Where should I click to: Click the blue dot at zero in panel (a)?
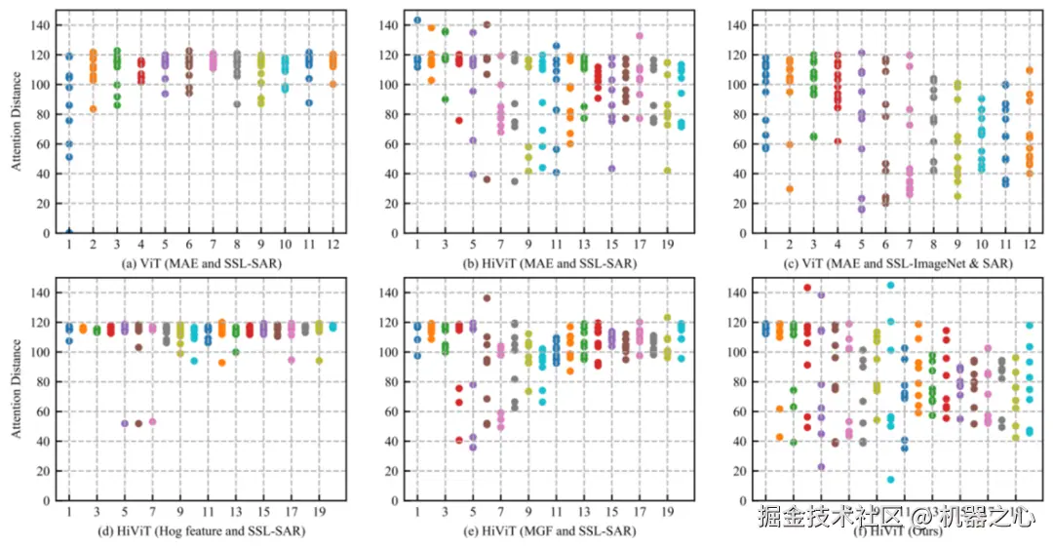[69, 232]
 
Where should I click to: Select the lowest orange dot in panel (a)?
[94, 108]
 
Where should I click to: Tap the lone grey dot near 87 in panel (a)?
[237, 104]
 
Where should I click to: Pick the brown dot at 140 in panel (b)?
[487, 24]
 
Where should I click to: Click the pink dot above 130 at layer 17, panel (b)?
[640, 36]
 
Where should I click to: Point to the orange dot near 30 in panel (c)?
[790, 188]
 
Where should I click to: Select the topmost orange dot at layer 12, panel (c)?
[1030, 70]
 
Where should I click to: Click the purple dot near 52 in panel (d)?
[125, 423]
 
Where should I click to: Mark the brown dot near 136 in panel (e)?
[487, 298]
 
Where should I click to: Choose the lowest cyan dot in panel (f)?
[890, 479]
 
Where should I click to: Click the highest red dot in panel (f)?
[807, 288]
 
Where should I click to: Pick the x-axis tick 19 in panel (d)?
[321, 511]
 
